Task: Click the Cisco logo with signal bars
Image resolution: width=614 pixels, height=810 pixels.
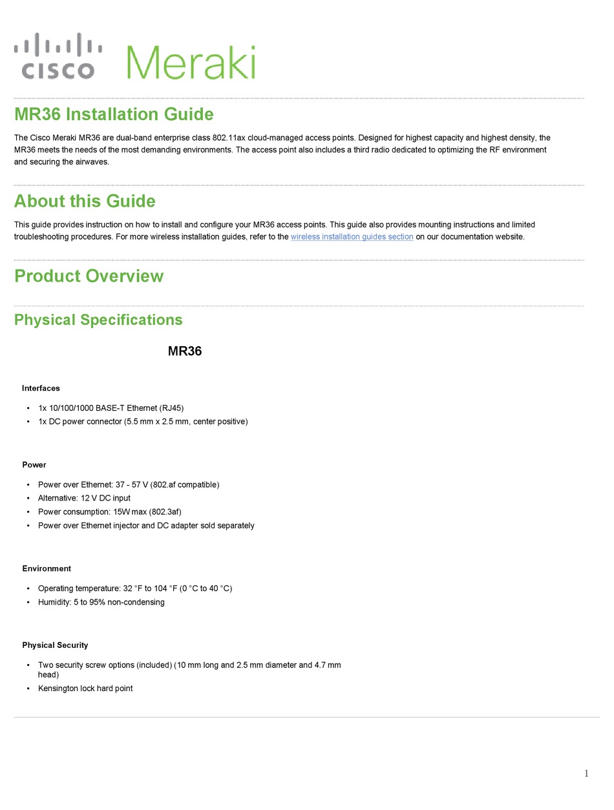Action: coord(58,57)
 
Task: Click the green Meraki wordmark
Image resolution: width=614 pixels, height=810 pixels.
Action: coord(191,63)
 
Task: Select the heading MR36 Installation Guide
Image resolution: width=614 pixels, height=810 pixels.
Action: coord(114,115)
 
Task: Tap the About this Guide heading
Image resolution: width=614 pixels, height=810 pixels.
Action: coord(85,202)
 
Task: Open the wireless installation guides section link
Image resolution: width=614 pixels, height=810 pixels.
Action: coord(352,237)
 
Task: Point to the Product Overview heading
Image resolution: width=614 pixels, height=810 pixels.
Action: coord(89,276)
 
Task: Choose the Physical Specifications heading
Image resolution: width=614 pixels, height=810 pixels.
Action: coord(98,320)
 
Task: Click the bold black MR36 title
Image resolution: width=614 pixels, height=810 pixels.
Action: coord(185,352)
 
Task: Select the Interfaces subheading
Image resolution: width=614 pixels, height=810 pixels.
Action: coord(41,388)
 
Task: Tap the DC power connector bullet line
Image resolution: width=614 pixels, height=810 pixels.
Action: coord(143,422)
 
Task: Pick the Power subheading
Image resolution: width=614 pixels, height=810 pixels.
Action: coord(34,465)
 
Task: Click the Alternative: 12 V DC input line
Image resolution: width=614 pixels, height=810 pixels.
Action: coord(84,498)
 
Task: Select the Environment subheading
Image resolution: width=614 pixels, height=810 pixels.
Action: coord(47,569)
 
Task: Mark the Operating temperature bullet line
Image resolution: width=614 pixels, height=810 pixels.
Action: coord(134,589)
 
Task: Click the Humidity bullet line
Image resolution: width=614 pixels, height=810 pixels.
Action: coord(101,603)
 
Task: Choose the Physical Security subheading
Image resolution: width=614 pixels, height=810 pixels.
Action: coord(55,645)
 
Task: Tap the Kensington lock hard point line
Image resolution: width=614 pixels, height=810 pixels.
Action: coord(85,689)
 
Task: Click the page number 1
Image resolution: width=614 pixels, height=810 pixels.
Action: coord(586,774)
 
